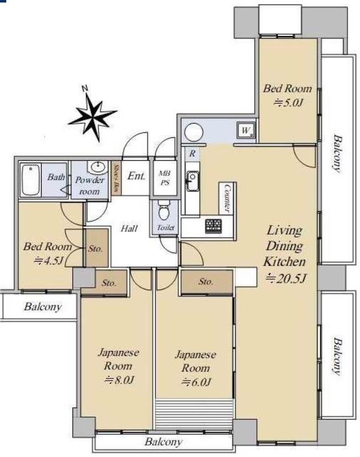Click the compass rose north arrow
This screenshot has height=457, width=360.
(92, 113)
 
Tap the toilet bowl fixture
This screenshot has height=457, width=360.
(164, 210)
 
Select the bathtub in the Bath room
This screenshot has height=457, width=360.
(31, 180)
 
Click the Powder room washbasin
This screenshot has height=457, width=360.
(98, 168)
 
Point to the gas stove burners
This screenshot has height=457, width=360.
(213, 226)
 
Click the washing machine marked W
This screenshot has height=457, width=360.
(246, 130)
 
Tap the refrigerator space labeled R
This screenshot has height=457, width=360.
(193, 153)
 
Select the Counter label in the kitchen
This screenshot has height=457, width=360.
(227, 198)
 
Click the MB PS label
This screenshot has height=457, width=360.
(164, 178)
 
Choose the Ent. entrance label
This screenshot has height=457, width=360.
(136, 176)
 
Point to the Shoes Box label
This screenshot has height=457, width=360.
(116, 178)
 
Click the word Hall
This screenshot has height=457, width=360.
(129, 228)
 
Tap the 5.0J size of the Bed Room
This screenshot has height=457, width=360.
(288, 103)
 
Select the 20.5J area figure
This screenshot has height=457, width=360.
(285, 279)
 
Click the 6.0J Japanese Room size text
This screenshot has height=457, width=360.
(196, 382)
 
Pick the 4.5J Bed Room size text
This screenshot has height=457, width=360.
(48, 260)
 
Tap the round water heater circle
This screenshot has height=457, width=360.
(194, 132)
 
